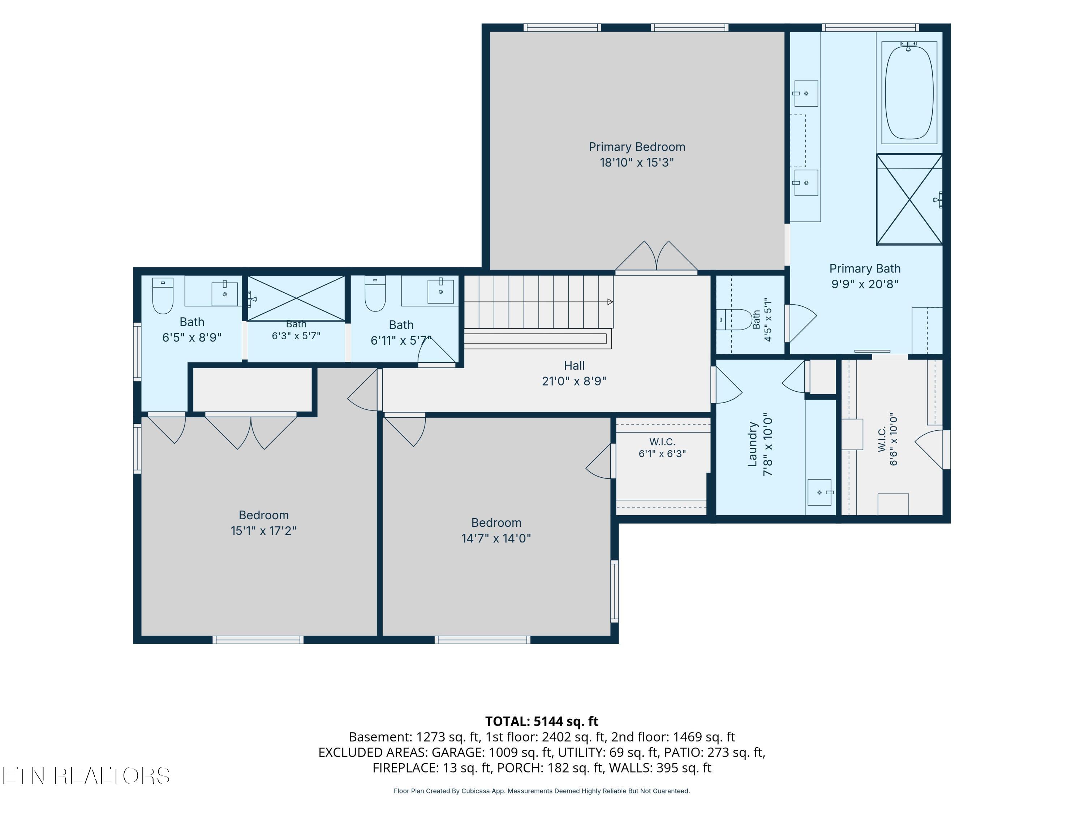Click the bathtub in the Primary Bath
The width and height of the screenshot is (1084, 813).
[909, 93]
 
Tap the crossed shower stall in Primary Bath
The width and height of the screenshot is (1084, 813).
[909, 199]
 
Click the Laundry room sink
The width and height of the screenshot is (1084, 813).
[820, 492]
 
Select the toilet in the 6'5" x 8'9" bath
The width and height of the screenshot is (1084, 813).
[163, 296]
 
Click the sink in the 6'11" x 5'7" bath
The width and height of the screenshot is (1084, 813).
[440, 292]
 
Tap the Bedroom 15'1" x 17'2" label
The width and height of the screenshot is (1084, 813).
[264, 522]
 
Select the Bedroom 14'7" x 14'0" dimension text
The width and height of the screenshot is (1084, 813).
[496, 538]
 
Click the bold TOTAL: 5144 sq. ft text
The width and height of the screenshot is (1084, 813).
[542, 721]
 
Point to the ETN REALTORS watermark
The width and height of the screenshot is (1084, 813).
[86, 776]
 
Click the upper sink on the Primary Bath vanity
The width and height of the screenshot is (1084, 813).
[806, 93]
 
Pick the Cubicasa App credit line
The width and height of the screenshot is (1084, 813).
[542, 791]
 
